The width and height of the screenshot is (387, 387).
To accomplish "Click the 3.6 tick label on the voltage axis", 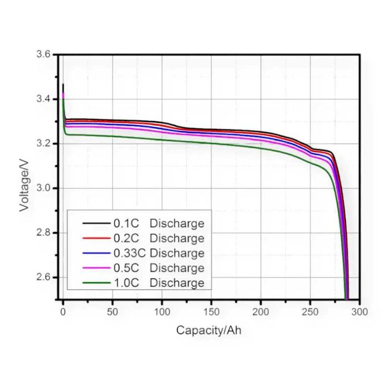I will (43, 55).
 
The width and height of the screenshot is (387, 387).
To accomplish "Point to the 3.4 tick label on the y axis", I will (43, 99).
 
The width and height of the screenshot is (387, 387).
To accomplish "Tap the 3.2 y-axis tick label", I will (43, 144).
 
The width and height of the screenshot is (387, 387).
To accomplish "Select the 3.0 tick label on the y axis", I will (43, 189).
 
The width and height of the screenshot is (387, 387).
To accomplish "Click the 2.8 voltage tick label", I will (43, 233).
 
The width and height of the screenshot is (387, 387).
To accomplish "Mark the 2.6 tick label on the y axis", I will (43, 277).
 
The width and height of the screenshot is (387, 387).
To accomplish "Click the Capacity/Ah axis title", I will (208, 331).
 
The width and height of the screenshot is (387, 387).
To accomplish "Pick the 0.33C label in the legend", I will (129, 254).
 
